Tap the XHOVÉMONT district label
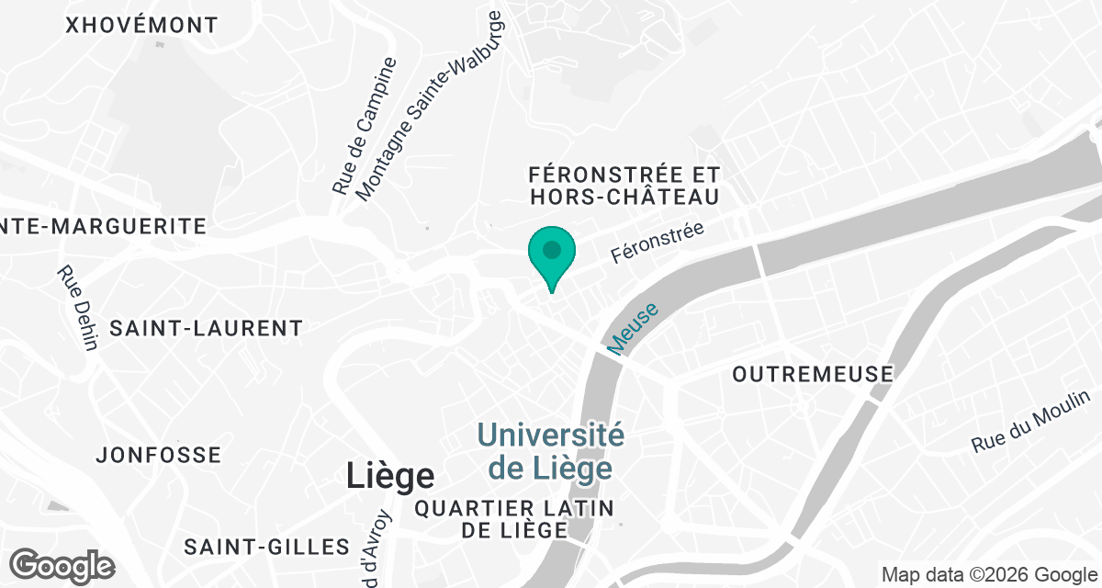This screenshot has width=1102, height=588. click(142, 26)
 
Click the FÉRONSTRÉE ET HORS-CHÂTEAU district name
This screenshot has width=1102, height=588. click(624, 186)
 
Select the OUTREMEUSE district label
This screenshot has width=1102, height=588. click(813, 374)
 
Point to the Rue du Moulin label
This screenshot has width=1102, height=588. click(1031, 421)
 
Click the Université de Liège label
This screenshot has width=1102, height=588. click(550, 451)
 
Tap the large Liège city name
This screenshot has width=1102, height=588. click(390, 476)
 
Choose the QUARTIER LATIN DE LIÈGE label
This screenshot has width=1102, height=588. click(513, 519)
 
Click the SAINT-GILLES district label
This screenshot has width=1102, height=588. click(266, 547)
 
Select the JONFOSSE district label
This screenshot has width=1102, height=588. click(159, 455)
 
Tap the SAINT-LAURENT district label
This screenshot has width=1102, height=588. click(206, 328)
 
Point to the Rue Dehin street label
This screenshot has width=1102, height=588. click(77, 308)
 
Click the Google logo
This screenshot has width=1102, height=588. click(62, 565)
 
